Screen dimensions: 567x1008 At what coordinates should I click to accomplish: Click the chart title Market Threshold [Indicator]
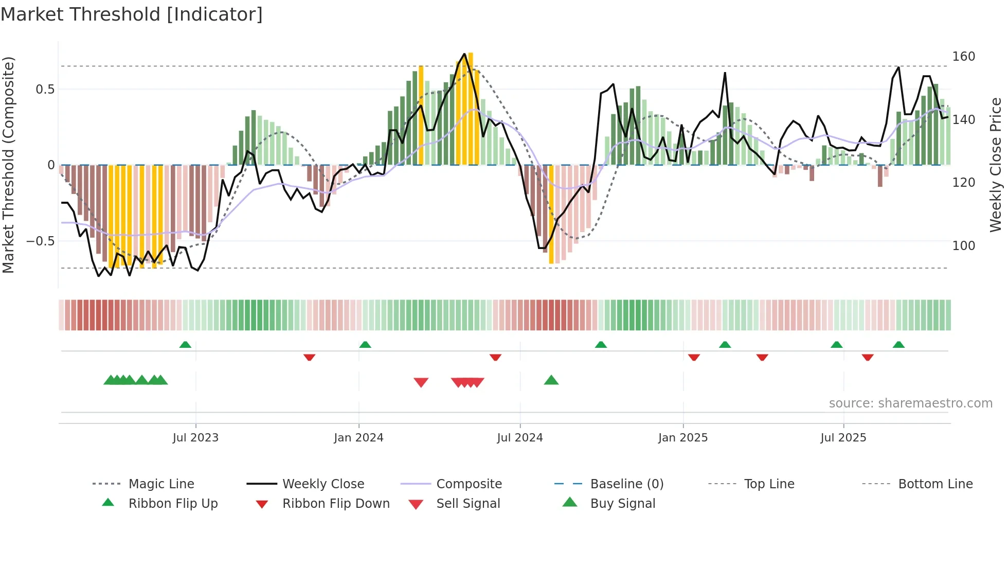tap(132, 14)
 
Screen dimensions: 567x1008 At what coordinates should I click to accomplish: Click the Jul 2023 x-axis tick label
tap(195, 438)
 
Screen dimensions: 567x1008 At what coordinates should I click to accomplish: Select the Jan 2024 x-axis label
tap(358, 438)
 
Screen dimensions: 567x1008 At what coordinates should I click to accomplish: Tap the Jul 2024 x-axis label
tap(520, 438)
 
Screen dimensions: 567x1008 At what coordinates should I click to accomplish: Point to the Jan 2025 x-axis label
tap(683, 438)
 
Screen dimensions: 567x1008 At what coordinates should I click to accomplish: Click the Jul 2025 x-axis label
tap(843, 438)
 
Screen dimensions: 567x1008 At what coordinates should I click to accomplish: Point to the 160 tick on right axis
tap(963, 57)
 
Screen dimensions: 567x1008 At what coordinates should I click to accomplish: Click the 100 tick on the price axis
tap(963, 246)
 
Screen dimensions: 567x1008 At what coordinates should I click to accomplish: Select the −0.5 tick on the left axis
tap(40, 241)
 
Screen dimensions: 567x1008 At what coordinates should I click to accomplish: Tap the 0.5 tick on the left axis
tap(45, 90)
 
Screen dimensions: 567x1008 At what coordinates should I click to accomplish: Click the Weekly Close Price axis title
tap(996, 165)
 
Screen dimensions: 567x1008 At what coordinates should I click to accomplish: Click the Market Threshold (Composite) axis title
tap(8, 165)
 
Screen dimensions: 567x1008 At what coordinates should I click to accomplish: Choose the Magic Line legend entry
tap(161, 484)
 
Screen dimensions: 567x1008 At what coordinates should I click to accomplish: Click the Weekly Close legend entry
tap(323, 484)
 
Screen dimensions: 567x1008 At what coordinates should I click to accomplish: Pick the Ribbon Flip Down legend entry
tap(336, 504)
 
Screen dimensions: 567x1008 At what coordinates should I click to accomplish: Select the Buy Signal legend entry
tap(622, 504)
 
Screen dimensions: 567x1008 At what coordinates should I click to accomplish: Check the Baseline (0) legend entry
tap(626, 484)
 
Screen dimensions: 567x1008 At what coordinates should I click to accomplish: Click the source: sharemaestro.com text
tap(910, 403)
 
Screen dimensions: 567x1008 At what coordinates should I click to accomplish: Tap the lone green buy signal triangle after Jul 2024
tap(551, 381)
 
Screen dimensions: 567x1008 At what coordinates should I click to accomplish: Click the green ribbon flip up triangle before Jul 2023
tap(185, 345)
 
